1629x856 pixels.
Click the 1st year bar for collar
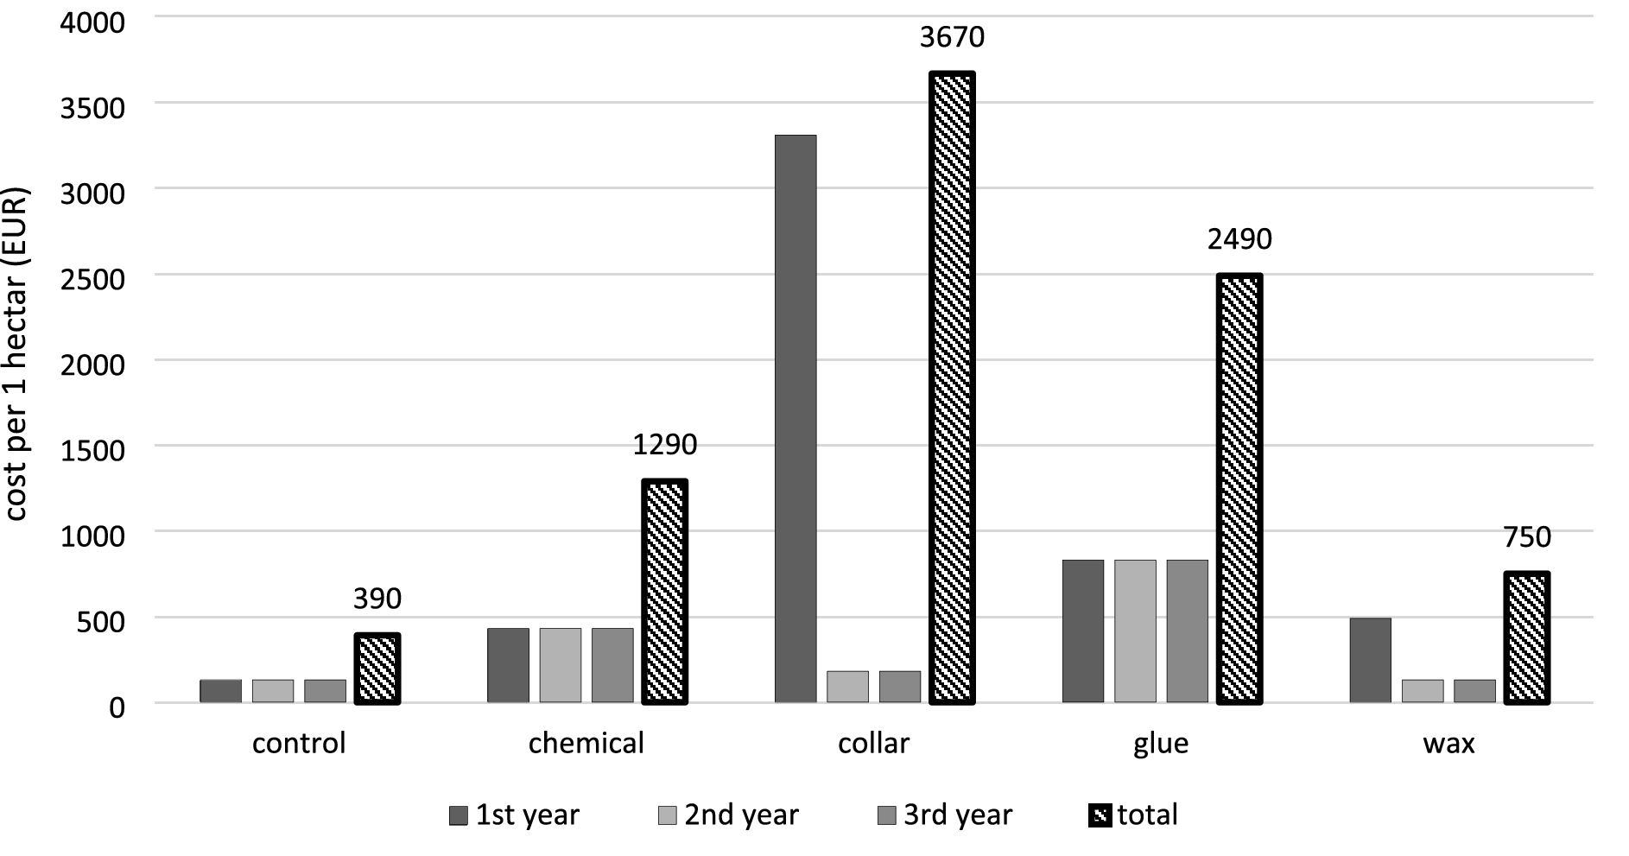[795, 419]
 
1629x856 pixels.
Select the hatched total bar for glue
[1239, 489]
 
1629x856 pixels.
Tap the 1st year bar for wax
[1370, 660]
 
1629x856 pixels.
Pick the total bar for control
[377, 669]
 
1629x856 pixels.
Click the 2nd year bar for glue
[1135, 631]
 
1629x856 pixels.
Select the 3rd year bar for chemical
[612, 665]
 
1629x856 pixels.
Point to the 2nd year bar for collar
[847, 687]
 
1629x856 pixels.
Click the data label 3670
[952, 37]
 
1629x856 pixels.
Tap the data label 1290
[664, 445]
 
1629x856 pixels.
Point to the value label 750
[1527, 537]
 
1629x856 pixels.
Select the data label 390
[377, 599]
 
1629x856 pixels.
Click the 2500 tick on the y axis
[92, 278]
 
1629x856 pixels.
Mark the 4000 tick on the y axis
[92, 22]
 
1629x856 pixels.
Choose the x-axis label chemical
[586, 743]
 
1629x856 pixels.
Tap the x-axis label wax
[1448, 743]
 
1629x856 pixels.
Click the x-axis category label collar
[873, 743]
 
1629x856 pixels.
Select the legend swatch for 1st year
[459, 815]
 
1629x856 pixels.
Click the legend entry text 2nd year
[741, 815]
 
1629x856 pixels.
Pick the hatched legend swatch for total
[1100, 815]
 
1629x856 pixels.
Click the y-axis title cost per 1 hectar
[16, 354]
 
